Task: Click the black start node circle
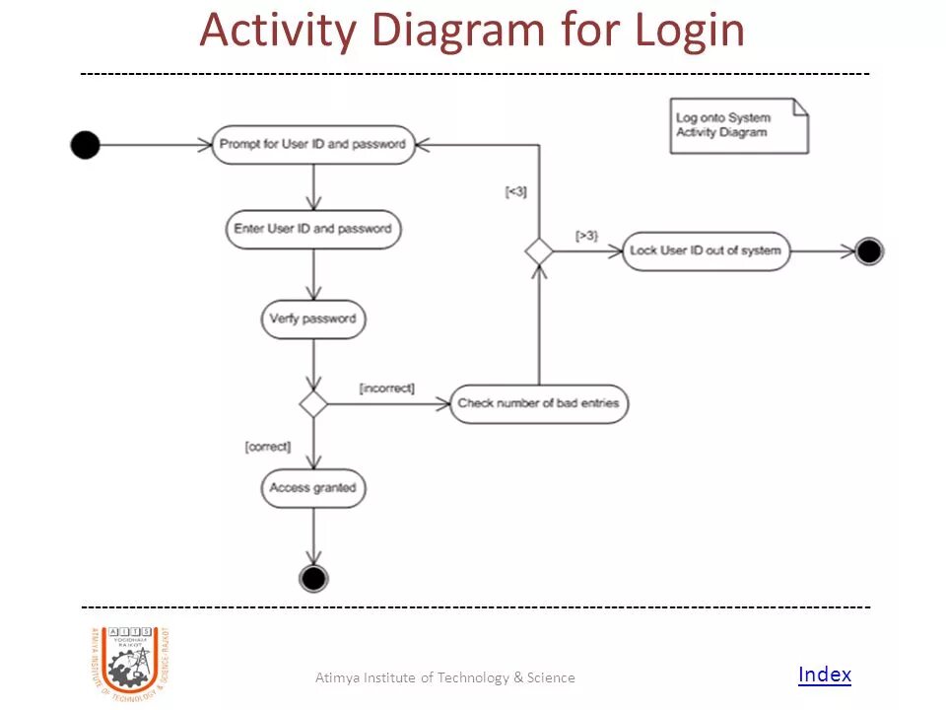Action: [x=86, y=145]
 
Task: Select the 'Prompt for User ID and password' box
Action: [x=312, y=144]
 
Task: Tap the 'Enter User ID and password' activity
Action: [x=312, y=229]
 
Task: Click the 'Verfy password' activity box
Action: [x=312, y=319]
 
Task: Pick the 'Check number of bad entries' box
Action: [x=539, y=403]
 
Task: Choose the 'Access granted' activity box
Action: [x=312, y=488]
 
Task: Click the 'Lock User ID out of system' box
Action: [x=706, y=250]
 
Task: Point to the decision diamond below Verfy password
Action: [x=313, y=403]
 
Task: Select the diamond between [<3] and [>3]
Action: [x=539, y=250]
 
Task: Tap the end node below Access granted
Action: [x=313, y=578]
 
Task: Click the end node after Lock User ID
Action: [x=868, y=251]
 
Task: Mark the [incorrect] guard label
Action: [x=387, y=389]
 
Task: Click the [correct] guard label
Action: [x=268, y=447]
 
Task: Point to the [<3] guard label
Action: [x=515, y=192]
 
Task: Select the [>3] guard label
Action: [x=586, y=236]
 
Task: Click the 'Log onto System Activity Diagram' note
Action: [x=738, y=125]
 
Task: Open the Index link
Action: [x=824, y=674]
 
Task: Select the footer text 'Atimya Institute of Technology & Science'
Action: [x=444, y=677]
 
